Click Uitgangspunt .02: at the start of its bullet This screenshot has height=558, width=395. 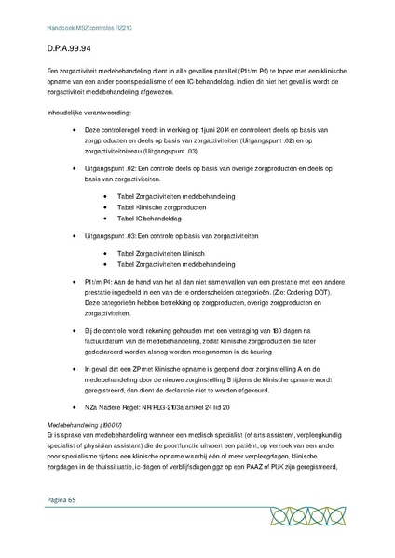[113, 168]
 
